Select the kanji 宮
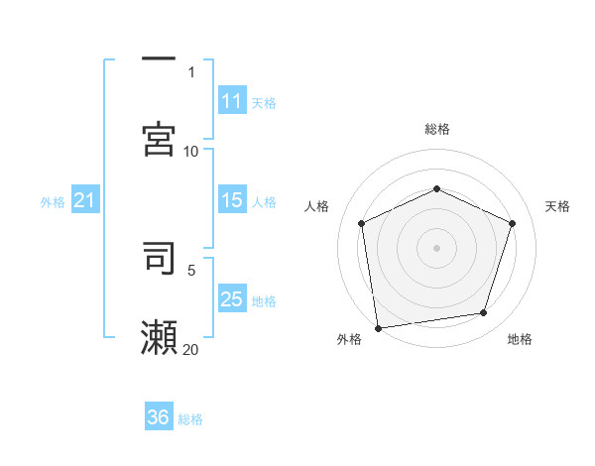click(159, 139)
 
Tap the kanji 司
click(159, 258)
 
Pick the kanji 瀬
click(159, 337)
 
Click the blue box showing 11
click(232, 101)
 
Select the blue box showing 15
click(232, 200)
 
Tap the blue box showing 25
click(232, 299)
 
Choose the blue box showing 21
click(85, 201)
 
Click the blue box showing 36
click(159, 417)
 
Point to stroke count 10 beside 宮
click(191, 151)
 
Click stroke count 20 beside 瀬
click(191, 349)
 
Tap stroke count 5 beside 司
click(191, 269)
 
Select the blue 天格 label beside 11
click(264, 102)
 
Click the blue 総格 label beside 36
click(190, 418)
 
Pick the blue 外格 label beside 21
click(53, 202)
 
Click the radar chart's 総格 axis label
click(437, 129)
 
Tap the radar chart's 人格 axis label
click(316, 206)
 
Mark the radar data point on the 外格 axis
click(378, 327)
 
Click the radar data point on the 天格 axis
click(513, 223)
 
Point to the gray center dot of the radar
click(437, 247)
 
